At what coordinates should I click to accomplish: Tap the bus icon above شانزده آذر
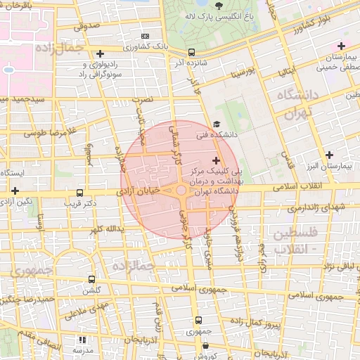click(x=191, y=52)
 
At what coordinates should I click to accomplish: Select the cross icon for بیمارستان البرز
click(x=329, y=155)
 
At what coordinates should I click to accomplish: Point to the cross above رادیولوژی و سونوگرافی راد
click(x=101, y=53)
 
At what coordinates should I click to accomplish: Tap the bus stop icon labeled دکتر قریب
click(x=79, y=193)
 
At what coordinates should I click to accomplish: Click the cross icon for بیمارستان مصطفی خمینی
click(x=341, y=46)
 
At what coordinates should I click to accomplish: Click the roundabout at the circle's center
click(x=181, y=190)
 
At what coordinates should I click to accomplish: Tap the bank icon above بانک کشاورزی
click(x=145, y=36)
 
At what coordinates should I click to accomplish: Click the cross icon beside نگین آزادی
click(x=15, y=190)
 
